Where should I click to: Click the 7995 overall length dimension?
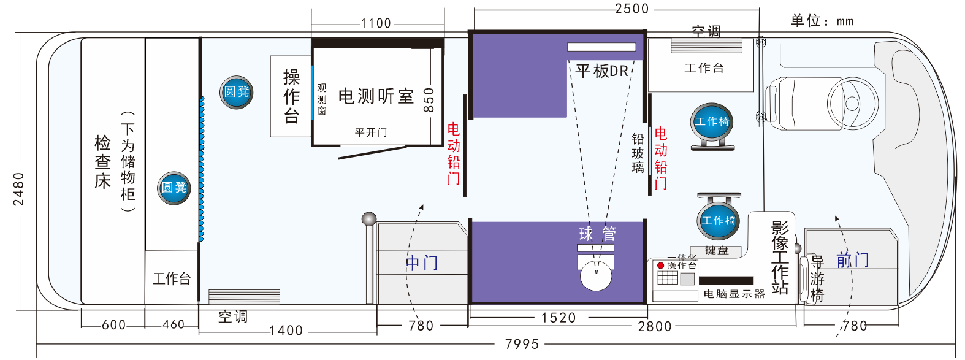pyautogui.click(x=522, y=344)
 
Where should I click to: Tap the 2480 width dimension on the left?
pyautogui.click(x=19, y=188)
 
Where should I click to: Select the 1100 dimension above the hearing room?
pyautogui.click(x=376, y=23)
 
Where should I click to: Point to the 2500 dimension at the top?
pyautogui.click(x=632, y=9)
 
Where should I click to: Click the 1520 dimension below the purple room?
pyautogui.click(x=559, y=318)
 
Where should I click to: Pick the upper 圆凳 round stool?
pyautogui.click(x=237, y=92)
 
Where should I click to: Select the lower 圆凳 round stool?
pyautogui.click(x=174, y=188)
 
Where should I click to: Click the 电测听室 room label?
pyautogui.click(x=376, y=96)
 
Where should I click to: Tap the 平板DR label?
pyautogui.click(x=601, y=71)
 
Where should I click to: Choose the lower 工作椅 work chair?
pyautogui.click(x=719, y=221)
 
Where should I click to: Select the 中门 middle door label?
pyautogui.click(x=422, y=263)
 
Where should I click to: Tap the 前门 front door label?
pyautogui.click(x=853, y=260)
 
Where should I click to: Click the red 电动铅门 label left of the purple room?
pyautogui.click(x=453, y=153)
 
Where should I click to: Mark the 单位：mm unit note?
pyautogui.click(x=822, y=21)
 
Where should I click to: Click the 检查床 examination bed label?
pyautogui.click(x=102, y=161)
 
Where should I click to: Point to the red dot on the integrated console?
pyautogui.click(x=660, y=266)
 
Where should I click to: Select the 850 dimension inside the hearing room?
pyautogui.click(x=429, y=99)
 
